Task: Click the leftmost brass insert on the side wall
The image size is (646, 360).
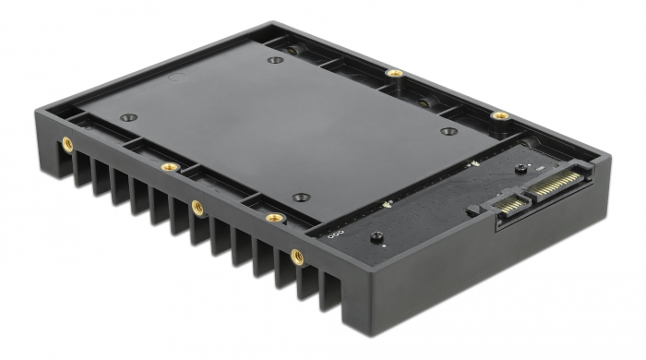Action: tap(67, 143)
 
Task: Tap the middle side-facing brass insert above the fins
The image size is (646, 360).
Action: tap(197, 208)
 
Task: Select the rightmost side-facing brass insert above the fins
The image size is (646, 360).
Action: tap(297, 256)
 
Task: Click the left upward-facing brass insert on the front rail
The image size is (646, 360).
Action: tap(170, 167)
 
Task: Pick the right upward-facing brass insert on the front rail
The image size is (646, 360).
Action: tap(274, 218)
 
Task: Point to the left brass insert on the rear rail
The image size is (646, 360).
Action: tap(394, 73)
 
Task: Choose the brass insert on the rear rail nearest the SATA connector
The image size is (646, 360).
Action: tap(499, 115)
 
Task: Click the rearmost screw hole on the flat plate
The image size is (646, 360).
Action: tap(275, 61)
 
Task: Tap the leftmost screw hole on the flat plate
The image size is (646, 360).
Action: tap(128, 117)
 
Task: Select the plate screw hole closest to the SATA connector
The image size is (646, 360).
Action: tap(449, 131)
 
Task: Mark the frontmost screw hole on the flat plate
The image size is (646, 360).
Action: tap(301, 197)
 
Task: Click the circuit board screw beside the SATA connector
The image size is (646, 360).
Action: tap(520, 169)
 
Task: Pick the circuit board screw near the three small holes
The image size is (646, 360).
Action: tap(376, 238)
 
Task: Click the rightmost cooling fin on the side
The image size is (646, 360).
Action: tap(330, 294)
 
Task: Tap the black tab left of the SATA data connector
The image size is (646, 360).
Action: tap(473, 210)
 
